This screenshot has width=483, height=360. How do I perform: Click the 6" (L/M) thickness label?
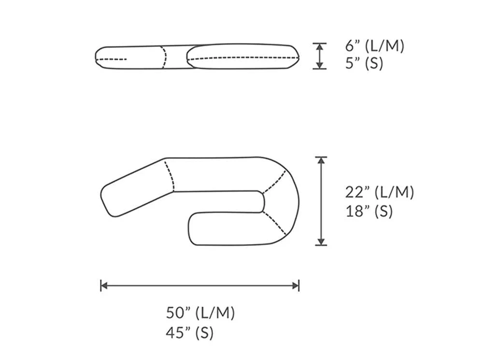374,46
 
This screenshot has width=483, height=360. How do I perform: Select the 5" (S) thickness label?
364,64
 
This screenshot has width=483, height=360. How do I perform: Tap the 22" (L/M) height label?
379,192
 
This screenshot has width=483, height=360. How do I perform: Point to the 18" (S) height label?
369,211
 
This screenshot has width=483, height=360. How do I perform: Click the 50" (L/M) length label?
200,313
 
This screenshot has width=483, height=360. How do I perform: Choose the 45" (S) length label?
189,332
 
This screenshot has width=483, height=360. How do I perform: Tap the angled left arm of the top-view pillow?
135,188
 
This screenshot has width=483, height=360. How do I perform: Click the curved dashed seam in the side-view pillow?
164,58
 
